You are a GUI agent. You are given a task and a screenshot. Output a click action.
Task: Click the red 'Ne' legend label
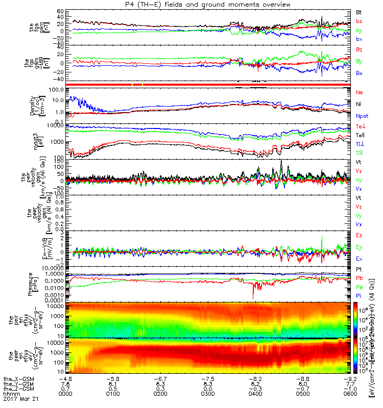[x=358, y=92]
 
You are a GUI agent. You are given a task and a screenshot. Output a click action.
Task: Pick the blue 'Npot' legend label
[x=361, y=116]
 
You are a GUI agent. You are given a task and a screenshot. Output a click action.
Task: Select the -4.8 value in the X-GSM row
[x=65, y=379]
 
